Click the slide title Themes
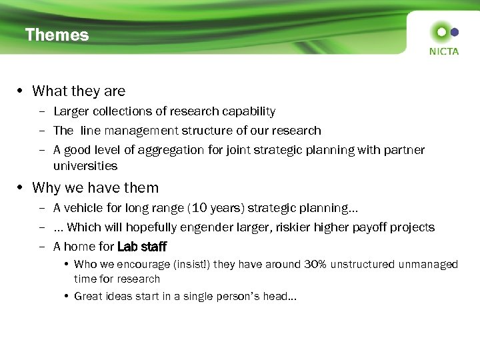[57, 35]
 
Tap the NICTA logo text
[444, 51]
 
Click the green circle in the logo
[441, 31]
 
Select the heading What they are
[79, 91]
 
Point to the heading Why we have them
[95, 188]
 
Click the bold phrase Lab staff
[142, 247]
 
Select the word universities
[85, 166]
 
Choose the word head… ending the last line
[282, 296]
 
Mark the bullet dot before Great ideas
[68, 296]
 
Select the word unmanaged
[428, 265]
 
